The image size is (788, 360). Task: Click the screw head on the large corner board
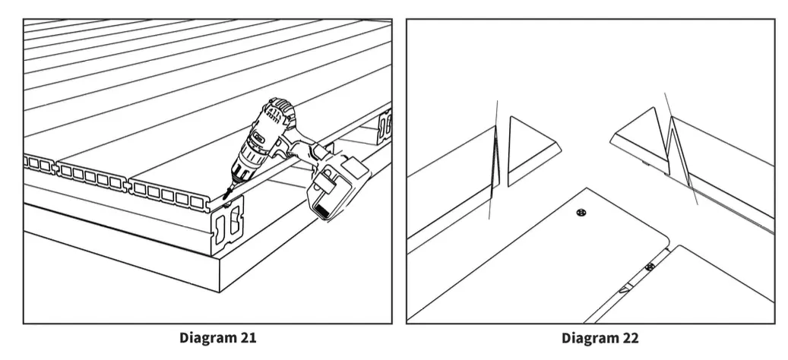pos(581,213)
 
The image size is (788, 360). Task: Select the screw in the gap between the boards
pos(649,267)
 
